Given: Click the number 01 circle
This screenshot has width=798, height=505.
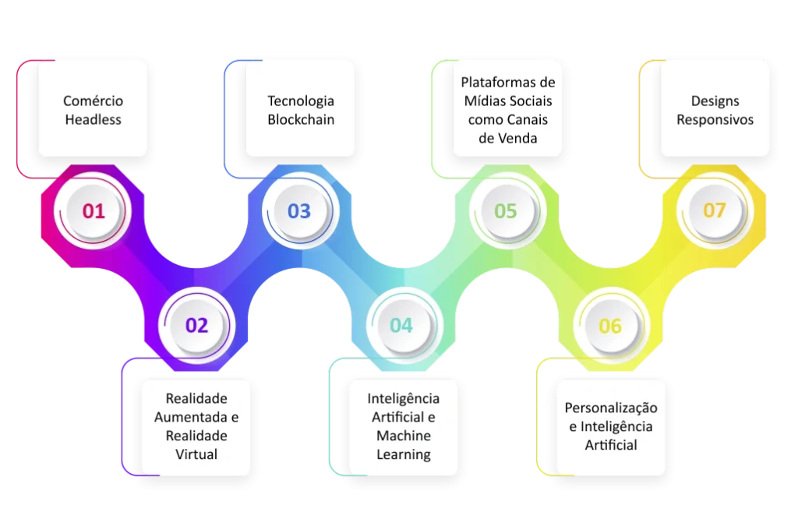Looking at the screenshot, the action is click(93, 210).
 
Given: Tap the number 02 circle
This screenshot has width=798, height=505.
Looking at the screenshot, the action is click(196, 325).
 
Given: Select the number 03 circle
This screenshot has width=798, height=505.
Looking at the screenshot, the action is click(300, 210).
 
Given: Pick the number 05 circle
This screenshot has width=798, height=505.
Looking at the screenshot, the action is click(507, 210).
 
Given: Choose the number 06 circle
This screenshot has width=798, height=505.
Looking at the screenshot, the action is click(611, 325).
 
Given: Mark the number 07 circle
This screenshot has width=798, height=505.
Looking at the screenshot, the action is click(715, 210).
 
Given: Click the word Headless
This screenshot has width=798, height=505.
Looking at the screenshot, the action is click(94, 120).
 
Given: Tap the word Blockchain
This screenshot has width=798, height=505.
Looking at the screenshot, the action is click(301, 120).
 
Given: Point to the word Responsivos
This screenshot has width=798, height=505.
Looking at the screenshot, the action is click(715, 120).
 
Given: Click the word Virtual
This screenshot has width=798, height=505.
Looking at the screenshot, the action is click(196, 454).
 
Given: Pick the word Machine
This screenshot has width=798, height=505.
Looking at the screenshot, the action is click(404, 436).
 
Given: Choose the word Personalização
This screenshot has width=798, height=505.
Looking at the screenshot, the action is click(611, 408).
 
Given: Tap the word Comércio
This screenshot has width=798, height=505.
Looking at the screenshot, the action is click(94, 101).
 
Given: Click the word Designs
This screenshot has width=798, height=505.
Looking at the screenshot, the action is click(715, 101).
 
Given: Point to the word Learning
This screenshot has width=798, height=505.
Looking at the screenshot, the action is click(404, 454).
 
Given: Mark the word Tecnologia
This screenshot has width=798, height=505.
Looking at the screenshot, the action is click(301, 101).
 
